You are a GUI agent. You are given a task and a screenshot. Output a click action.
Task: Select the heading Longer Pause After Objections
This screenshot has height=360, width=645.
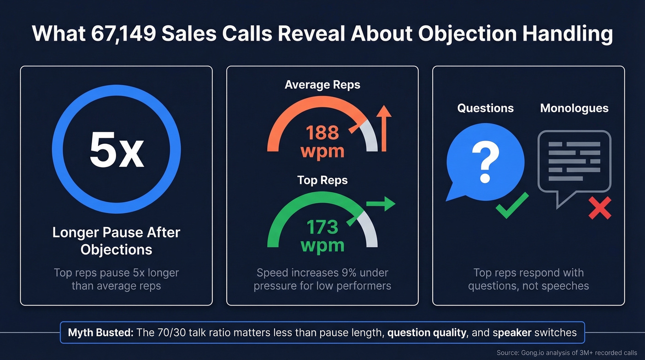[x=116, y=241]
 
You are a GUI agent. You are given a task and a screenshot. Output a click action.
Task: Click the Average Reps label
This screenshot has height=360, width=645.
[x=322, y=85]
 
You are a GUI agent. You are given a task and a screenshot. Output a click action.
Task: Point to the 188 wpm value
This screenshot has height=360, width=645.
[x=322, y=142]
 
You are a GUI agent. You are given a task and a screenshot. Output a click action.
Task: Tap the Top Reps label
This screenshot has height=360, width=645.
[x=322, y=180]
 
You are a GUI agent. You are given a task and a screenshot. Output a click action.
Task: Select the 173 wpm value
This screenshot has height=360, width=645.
[x=322, y=236]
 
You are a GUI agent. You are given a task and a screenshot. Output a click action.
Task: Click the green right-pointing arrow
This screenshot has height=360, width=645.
[x=381, y=203]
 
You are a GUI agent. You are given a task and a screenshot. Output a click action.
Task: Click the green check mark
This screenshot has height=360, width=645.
[x=511, y=206]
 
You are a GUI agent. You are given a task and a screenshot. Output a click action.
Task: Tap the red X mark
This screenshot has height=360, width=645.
[x=600, y=208]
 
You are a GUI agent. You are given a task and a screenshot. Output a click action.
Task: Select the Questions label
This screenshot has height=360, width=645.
[x=485, y=108]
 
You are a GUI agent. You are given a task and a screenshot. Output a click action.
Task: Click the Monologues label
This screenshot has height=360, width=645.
[x=574, y=108]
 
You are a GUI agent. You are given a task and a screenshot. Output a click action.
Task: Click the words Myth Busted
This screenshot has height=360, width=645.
[x=100, y=332]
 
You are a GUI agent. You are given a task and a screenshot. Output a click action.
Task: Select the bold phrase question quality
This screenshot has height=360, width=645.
[x=427, y=332]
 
